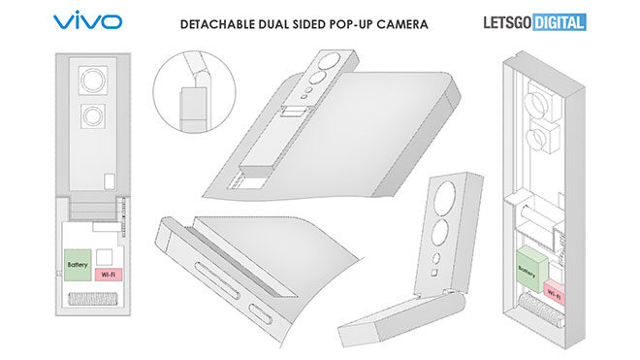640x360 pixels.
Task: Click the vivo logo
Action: click(87, 21)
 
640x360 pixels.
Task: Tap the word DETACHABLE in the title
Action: click(218, 24)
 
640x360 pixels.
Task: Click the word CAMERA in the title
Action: click(402, 24)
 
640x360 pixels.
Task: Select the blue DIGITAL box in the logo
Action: click(560, 22)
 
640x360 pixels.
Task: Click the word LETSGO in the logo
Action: click(507, 22)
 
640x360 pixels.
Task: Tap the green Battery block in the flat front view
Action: click(78, 265)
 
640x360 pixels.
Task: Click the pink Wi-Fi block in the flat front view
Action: click(109, 275)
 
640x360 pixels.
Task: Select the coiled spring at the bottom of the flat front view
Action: click(93, 299)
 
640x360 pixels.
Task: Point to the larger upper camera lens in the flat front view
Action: click(93, 81)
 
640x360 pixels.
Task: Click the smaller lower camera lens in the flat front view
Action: click(93, 116)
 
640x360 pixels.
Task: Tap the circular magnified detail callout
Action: click(194, 92)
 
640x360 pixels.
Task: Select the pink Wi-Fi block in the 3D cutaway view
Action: click(555, 292)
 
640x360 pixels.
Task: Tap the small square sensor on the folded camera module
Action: click(434, 273)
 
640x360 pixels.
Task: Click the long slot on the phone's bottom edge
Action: click(217, 281)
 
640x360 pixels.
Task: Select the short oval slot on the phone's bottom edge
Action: click(261, 313)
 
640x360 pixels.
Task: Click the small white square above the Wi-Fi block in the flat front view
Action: click(104, 257)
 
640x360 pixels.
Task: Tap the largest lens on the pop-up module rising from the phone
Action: click(331, 60)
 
